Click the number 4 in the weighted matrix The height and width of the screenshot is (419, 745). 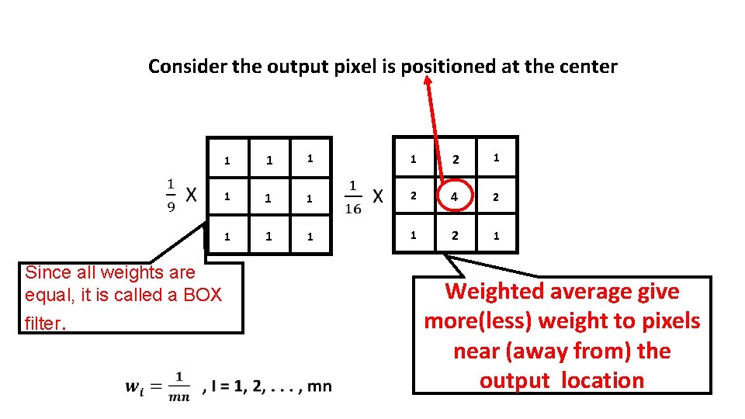(456, 197)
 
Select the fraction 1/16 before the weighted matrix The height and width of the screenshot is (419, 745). (353, 196)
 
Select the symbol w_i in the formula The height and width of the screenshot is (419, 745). (136, 386)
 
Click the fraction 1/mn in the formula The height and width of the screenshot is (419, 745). (180, 386)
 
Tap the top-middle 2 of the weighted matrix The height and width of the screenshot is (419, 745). (456, 160)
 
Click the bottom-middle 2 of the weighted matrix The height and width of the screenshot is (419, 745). (456, 236)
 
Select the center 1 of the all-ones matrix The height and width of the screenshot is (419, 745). (269, 199)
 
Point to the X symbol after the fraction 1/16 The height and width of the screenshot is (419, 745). (377, 196)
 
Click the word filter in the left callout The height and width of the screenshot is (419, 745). (43, 323)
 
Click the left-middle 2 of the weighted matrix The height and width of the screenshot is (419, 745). (414, 197)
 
